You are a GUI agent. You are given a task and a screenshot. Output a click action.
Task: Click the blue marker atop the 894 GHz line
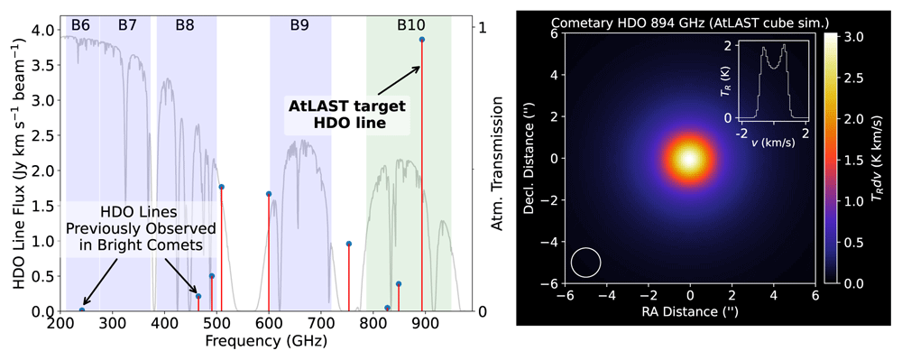[421, 39]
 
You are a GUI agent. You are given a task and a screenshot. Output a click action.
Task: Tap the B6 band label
[80, 25]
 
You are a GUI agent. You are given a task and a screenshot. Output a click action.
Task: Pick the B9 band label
[299, 25]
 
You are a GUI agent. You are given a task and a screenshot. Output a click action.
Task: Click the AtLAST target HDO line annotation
[346, 114]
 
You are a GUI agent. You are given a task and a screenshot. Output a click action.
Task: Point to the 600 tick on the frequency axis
[269, 325]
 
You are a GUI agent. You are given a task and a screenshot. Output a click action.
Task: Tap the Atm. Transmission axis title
[497, 164]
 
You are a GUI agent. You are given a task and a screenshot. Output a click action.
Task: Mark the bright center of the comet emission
[689, 159]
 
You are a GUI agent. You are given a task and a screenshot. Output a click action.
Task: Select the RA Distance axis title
[688, 313]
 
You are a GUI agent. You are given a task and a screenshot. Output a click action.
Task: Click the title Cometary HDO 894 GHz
[638, 23]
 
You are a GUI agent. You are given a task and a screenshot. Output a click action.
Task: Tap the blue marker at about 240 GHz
[82, 310]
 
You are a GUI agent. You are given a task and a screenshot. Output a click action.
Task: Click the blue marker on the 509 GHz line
[222, 187]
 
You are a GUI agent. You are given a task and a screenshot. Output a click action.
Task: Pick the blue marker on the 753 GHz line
[348, 244]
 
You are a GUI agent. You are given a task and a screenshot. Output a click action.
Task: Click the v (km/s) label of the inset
[773, 143]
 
